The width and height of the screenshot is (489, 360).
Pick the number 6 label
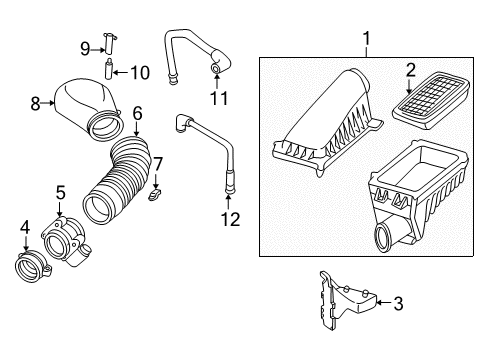[137, 115]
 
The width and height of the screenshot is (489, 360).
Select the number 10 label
[141, 71]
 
